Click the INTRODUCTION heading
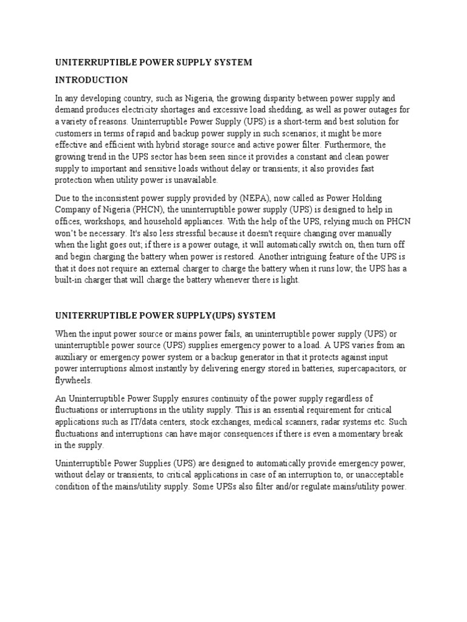(x=92, y=80)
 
